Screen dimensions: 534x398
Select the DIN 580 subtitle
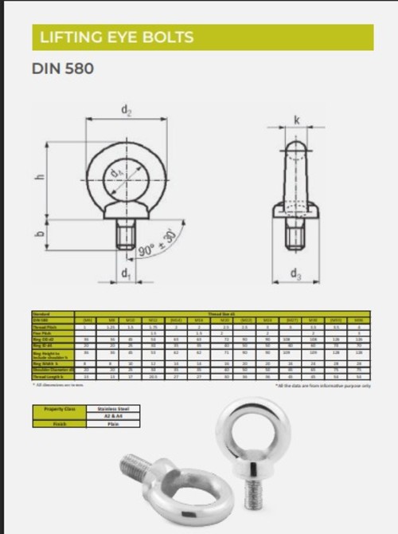[x=63, y=69]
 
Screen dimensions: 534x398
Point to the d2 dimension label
[x=126, y=110]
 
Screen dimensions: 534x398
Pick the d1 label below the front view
[x=126, y=274]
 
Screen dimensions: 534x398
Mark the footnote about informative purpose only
[x=322, y=385]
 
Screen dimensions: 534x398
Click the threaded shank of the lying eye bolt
[x=137, y=463]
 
